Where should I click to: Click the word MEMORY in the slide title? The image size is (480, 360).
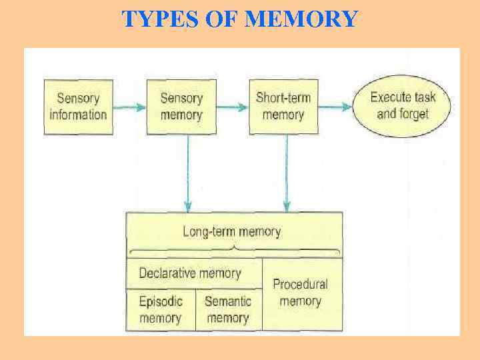[x=301, y=19]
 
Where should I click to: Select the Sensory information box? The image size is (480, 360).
[x=78, y=107]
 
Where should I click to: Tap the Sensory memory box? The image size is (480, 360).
[x=181, y=107]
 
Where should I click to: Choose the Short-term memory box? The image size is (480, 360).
[x=283, y=106]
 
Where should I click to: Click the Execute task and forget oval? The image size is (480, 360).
[x=403, y=105]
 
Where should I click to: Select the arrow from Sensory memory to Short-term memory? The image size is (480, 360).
[x=232, y=107]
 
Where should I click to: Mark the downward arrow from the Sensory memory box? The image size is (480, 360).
[x=189, y=173]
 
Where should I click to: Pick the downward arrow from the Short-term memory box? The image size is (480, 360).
[x=287, y=173]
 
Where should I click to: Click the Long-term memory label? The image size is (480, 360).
[x=232, y=232]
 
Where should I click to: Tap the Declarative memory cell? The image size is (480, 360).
[x=190, y=273]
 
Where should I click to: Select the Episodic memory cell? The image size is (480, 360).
[x=160, y=309]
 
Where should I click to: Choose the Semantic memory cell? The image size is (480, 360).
[x=228, y=309]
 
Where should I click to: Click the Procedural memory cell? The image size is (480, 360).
[x=301, y=293]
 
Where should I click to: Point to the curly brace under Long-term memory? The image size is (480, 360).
[x=234, y=251]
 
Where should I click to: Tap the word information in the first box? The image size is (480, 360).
[x=78, y=115]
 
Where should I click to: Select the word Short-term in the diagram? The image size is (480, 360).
[x=283, y=98]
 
